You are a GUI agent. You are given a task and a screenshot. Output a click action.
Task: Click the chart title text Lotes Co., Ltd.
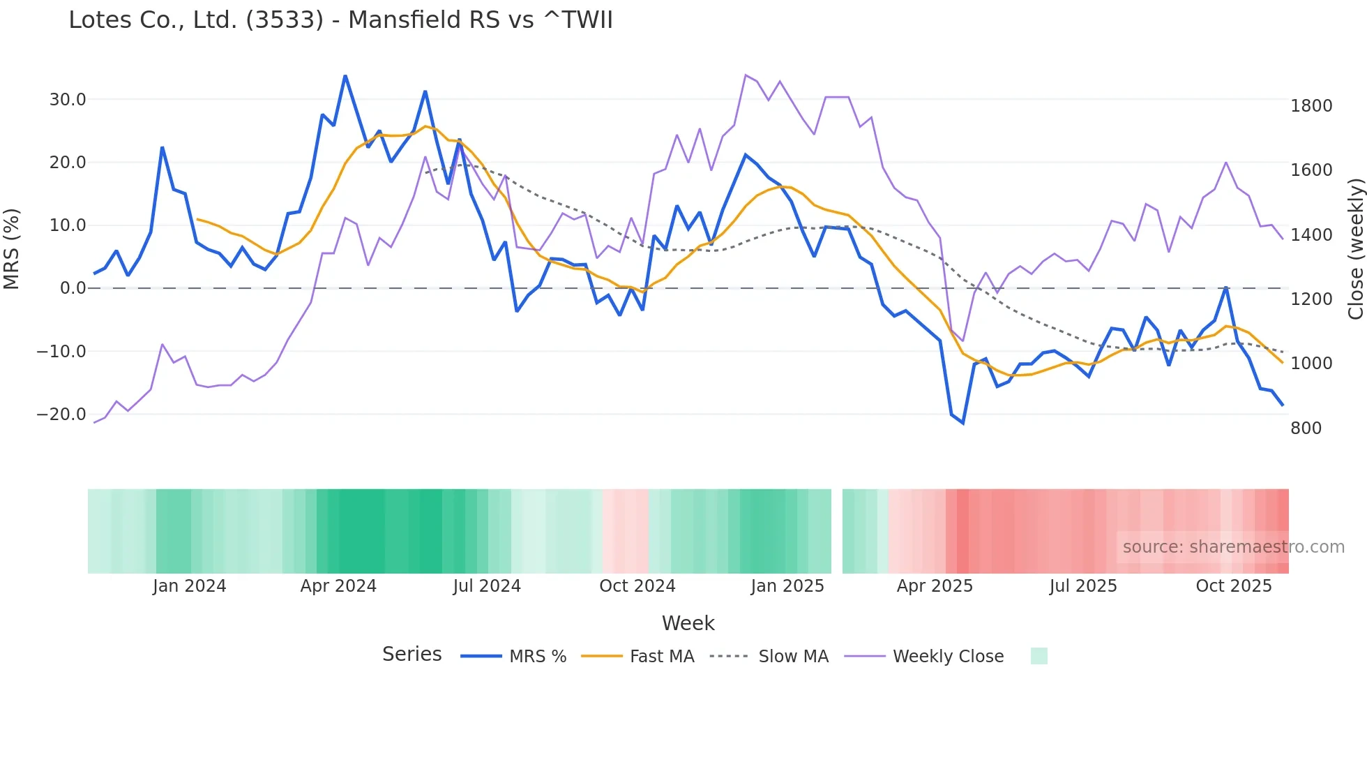point(340,20)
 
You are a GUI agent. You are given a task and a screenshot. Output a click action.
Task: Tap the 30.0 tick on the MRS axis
point(68,100)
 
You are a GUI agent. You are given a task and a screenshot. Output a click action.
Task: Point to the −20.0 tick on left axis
point(61,415)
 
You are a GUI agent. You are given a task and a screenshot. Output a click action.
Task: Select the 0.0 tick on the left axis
point(73,288)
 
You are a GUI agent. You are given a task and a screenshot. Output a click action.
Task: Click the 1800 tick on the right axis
point(1311,106)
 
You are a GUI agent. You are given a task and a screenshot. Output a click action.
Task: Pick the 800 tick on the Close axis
point(1306,428)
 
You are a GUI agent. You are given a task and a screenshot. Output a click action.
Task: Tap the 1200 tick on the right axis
point(1311,299)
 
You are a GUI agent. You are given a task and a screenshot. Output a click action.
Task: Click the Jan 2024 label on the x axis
point(190,586)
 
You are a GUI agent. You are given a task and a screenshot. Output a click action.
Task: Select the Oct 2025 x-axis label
point(1233,586)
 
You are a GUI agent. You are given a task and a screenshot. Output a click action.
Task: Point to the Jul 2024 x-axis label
point(487,586)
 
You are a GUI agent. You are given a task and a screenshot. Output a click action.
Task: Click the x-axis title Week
point(688,623)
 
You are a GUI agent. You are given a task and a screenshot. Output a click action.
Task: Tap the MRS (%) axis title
point(12,248)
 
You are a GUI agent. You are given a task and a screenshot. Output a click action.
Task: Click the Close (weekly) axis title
point(1355,248)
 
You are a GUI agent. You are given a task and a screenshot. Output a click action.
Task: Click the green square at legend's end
point(1039,656)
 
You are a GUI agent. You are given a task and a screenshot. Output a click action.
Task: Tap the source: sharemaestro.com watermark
point(1233,547)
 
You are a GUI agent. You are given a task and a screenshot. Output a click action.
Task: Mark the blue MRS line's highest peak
point(345,76)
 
